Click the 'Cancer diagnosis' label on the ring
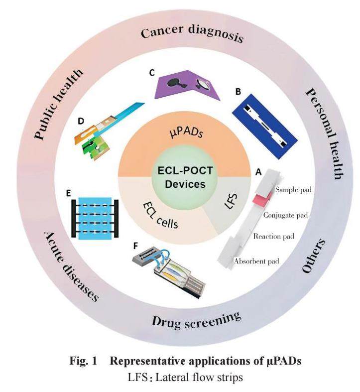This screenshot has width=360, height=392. click(x=192, y=34)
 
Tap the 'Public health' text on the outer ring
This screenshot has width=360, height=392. click(x=59, y=103)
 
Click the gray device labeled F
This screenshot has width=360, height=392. click(x=172, y=269)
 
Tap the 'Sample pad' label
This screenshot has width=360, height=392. click(x=292, y=190)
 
